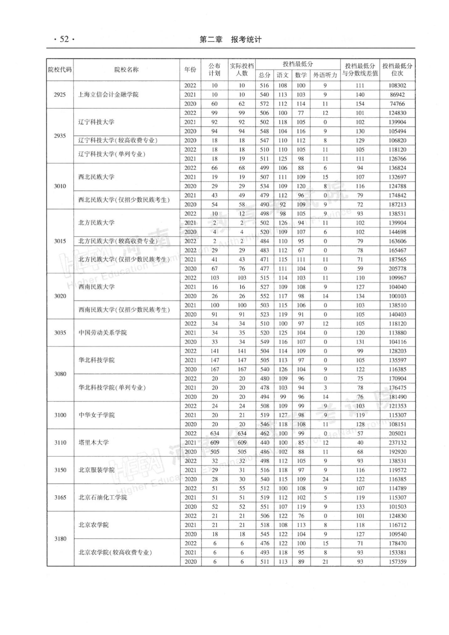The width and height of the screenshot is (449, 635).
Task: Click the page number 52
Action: pyautogui.click(x=64, y=40)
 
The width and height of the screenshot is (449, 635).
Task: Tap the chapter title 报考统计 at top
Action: pyautogui.click(x=246, y=40)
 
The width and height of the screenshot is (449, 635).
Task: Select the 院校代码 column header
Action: pyautogui.click(x=60, y=69)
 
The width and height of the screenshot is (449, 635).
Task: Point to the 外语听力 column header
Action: pyautogui.click(x=325, y=75)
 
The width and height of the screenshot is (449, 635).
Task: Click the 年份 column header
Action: pyautogui.click(x=190, y=69)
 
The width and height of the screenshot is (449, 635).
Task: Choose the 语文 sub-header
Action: pyautogui.click(x=283, y=75)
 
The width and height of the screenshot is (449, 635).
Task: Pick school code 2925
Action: pyautogui.click(x=60, y=94)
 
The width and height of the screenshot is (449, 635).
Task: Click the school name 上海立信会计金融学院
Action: pyautogui.click(x=109, y=94)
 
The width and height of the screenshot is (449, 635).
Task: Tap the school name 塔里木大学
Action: pyautogui.click(x=94, y=442)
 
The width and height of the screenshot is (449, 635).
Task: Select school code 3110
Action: pyautogui.click(x=60, y=442)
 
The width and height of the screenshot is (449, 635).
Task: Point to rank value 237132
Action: pyautogui.click(x=397, y=442)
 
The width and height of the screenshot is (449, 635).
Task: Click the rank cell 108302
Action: pyautogui.click(x=397, y=85)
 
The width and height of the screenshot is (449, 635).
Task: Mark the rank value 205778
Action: pyautogui.click(x=397, y=268)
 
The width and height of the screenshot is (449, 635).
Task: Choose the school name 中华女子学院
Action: pyautogui.click(x=96, y=415)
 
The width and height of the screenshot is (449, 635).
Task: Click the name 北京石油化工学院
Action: pyautogui.click(x=103, y=497)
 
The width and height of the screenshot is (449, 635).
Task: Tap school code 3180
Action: pyautogui.click(x=60, y=538)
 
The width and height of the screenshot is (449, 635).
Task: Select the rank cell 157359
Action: pyautogui.click(x=397, y=561)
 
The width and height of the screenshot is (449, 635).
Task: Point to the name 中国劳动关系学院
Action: pyautogui.click(x=103, y=332)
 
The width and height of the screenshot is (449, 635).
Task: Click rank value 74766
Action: pyautogui.click(x=397, y=104)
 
